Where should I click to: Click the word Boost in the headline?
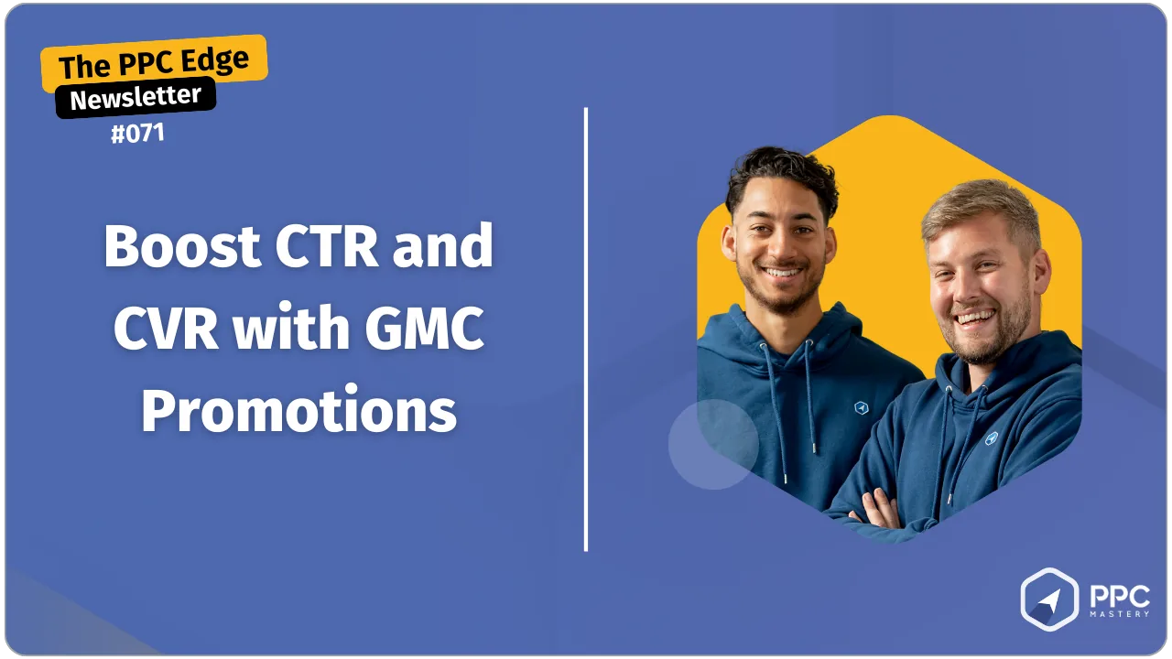tap(181, 246)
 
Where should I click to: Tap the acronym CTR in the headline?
tap(326, 245)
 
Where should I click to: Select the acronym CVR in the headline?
tap(166, 328)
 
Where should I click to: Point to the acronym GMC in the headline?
tap(424, 328)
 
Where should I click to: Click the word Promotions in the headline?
tap(298, 409)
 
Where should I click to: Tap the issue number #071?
tap(137, 134)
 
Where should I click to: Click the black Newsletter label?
tap(136, 97)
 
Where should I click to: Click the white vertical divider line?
tap(585, 329)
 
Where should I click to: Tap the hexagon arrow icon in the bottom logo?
tap(1049, 600)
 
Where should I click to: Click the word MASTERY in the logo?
tap(1120, 614)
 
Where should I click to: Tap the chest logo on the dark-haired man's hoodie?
tap(861, 407)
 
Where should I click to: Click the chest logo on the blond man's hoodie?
tap(991, 438)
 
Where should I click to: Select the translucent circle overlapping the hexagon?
tap(713, 445)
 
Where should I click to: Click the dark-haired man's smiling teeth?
tap(781, 273)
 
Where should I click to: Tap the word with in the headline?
tap(291, 328)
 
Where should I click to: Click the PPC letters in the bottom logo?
tap(1120, 596)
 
